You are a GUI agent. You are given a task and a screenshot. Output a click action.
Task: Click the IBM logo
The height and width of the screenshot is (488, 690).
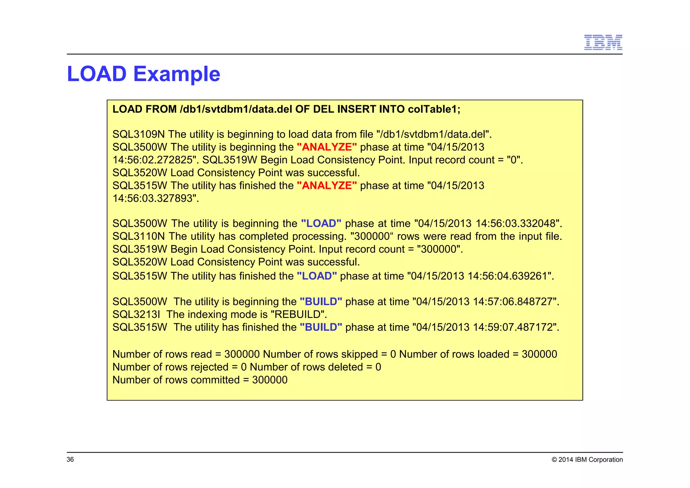(x=603, y=42)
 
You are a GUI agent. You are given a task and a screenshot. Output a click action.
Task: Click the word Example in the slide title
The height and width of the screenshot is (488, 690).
(x=177, y=74)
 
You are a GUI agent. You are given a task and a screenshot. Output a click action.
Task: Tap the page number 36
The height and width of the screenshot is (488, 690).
(x=70, y=459)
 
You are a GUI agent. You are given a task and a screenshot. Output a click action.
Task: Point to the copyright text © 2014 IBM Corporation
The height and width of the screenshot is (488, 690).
(x=587, y=459)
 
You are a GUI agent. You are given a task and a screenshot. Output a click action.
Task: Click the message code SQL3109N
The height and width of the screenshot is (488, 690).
(x=138, y=134)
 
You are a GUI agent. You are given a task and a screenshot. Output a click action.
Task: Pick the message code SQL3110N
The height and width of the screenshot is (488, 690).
(x=138, y=236)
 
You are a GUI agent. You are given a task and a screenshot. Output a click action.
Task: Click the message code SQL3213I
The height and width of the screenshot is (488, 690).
(x=136, y=314)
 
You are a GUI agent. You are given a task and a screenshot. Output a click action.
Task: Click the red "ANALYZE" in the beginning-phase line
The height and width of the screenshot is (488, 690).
(x=326, y=147)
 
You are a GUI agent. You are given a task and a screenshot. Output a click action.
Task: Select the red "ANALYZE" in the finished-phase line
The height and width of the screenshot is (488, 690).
(x=326, y=185)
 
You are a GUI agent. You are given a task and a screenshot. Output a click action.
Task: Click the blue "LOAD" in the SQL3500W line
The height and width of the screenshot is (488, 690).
(x=321, y=223)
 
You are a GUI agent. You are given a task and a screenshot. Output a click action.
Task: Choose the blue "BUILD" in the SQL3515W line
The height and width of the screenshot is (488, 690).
(x=321, y=327)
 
